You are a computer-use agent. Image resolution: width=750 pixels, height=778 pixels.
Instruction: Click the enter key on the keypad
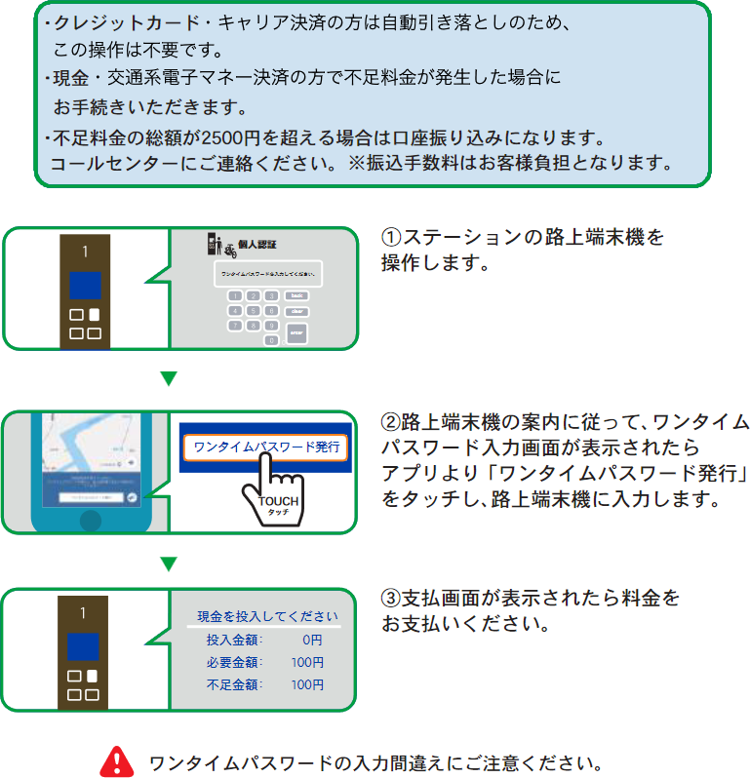297,333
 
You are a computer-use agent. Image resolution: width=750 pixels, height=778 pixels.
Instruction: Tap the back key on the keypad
297,294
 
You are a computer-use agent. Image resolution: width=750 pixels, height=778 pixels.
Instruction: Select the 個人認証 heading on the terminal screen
257,244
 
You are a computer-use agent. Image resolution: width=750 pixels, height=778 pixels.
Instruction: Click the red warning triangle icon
116,759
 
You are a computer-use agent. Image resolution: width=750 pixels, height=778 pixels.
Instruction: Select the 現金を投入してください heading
267,616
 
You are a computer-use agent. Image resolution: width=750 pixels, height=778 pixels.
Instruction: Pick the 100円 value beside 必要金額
307,662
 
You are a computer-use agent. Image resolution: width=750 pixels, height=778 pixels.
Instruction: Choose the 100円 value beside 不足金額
307,684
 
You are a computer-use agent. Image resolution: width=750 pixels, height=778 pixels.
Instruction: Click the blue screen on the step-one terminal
84,286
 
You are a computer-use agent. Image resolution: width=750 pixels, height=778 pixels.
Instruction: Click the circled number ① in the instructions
390,237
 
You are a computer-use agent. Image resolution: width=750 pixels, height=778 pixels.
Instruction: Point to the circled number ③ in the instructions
390,597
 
